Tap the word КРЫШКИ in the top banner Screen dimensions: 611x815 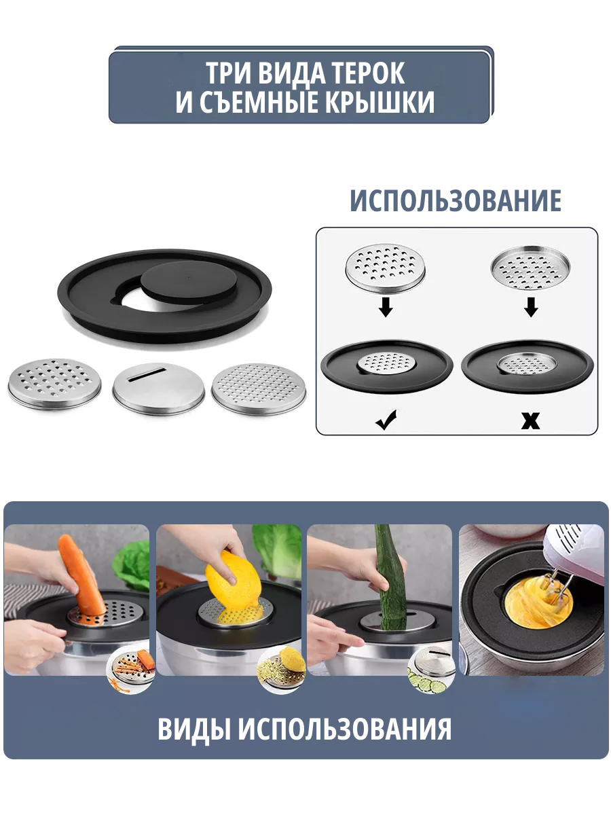(x=380, y=101)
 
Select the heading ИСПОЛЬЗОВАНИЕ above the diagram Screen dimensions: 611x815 (x=455, y=200)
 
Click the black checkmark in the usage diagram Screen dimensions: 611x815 (x=386, y=420)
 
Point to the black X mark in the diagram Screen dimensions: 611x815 (x=530, y=420)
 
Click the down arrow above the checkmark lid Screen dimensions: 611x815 (x=386, y=306)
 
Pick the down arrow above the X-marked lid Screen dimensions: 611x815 (x=531, y=306)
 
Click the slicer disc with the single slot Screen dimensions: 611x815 (x=158, y=388)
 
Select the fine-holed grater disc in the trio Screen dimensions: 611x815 (x=259, y=388)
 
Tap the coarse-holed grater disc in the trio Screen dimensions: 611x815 (x=54, y=384)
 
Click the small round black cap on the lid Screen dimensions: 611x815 (x=189, y=280)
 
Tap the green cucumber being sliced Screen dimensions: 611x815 (x=390, y=579)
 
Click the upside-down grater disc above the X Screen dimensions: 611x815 (x=530, y=268)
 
